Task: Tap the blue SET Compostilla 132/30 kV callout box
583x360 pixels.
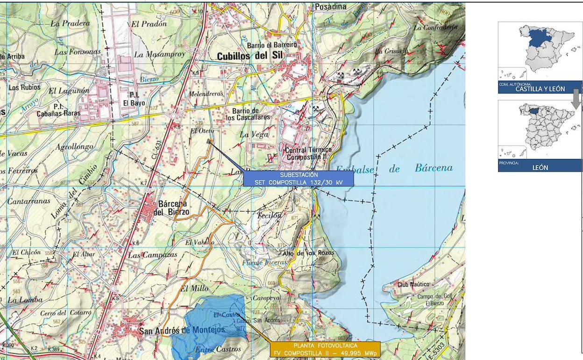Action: coord(298,178)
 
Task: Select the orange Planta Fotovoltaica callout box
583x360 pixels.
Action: coord(325,349)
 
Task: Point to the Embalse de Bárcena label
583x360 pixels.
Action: coord(394,169)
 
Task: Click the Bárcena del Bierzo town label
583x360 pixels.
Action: coord(174,208)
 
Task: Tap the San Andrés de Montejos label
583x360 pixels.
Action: coord(182,330)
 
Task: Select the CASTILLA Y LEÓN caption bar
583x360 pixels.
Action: coord(540,88)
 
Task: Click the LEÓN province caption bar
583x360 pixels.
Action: coord(540,166)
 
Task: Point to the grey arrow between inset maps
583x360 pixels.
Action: coord(576,99)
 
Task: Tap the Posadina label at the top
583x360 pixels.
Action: coord(331,7)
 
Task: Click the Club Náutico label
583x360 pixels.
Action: coord(413,284)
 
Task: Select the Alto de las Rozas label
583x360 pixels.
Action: coord(308,253)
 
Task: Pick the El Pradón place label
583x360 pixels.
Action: coord(149,24)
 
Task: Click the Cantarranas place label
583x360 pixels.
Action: coord(28,201)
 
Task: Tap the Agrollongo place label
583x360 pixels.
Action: coord(74,147)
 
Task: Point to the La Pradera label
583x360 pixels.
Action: coord(70,23)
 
